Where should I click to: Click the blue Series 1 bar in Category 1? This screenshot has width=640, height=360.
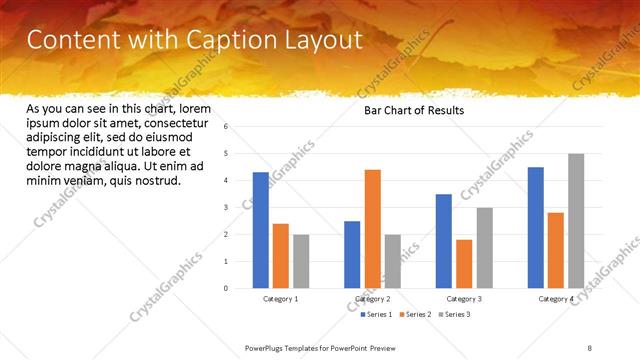261,231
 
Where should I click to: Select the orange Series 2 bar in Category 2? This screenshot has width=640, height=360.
372,229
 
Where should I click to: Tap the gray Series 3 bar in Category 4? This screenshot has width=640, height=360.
576,221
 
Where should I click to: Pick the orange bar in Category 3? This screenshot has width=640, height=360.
464,264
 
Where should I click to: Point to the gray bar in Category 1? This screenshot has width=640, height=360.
301,262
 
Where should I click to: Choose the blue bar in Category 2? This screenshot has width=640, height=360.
352,255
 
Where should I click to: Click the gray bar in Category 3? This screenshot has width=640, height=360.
484,248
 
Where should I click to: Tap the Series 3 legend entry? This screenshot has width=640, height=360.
454,314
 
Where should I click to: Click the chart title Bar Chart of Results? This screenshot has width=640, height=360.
413,111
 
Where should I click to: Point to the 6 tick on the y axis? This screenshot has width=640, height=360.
226,127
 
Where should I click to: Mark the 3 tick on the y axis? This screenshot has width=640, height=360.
226,208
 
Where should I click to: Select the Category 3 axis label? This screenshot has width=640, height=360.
464,298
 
